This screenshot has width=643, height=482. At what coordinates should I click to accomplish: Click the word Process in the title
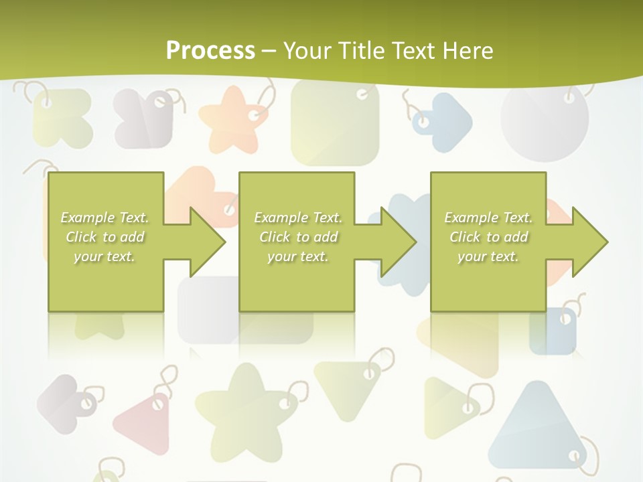[x=210, y=50]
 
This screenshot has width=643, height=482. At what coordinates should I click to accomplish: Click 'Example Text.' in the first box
[x=104, y=218]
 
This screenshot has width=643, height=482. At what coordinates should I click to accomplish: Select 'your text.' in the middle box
[x=297, y=256]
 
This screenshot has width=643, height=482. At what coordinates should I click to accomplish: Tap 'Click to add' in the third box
[x=488, y=237]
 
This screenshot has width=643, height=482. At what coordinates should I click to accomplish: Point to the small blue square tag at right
[x=553, y=331]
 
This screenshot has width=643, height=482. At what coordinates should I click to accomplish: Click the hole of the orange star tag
[x=253, y=116]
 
